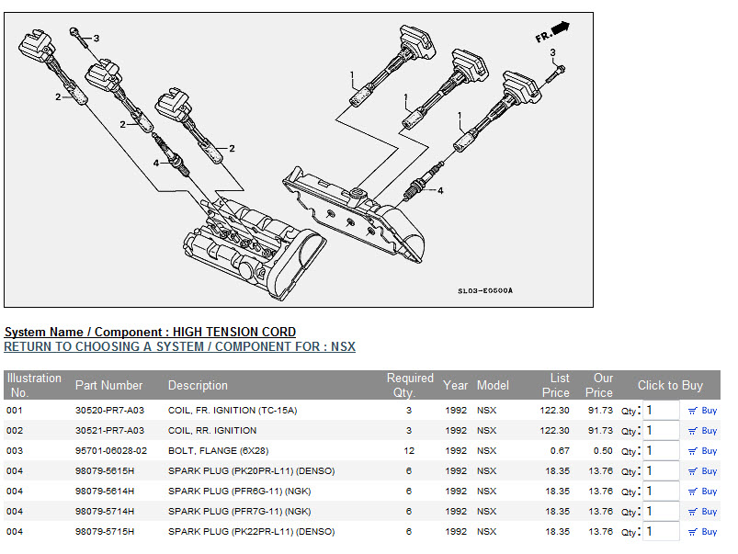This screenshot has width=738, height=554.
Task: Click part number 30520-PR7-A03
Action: pos(109,411)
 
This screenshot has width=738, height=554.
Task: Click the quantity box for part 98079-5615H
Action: pos(660,471)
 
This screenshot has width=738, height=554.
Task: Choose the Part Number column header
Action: pos(109,385)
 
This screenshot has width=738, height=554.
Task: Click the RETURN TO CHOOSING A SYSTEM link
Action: pos(179,347)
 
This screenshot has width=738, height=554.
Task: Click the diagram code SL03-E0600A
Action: pos(485,291)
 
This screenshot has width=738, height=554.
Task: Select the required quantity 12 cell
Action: pos(409,451)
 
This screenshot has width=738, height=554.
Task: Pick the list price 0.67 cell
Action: pos(557,451)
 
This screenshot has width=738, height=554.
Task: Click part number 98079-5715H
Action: pos(105,532)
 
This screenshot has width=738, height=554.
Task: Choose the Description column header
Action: pos(198,385)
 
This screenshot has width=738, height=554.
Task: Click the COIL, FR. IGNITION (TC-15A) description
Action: pos(233,411)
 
